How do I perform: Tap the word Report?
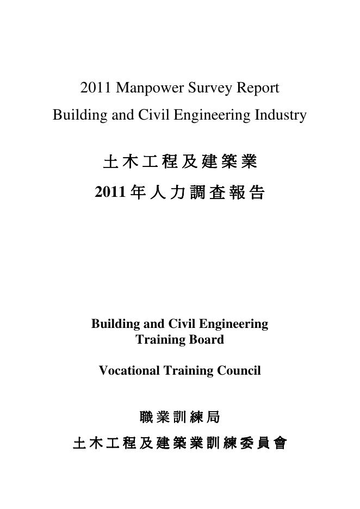[x=258, y=88]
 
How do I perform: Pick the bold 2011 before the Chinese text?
[x=110, y=192]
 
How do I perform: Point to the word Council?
[x=238, y=371]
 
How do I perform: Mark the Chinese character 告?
[x=257, y=193]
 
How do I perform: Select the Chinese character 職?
[x=146, y=417]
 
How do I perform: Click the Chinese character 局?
[x=213, y=417]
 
